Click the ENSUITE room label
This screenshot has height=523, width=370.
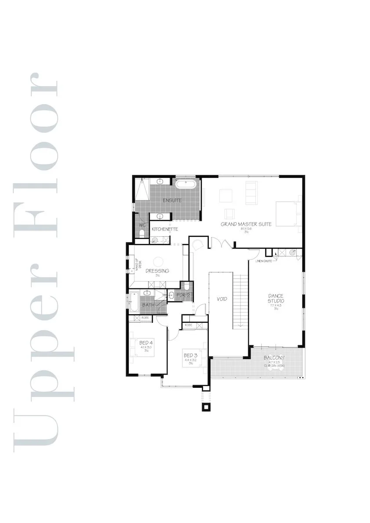click(172, 201)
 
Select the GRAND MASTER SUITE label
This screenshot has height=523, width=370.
click(246, 224)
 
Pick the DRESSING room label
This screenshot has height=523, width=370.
click(157, 271)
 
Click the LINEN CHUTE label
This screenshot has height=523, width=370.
click(264, 261)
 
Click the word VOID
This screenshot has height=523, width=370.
click(222, 299)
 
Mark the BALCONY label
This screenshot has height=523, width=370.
click(275, 358)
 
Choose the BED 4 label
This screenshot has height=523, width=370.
click(145, 343)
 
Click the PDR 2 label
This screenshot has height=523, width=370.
click(182, 295)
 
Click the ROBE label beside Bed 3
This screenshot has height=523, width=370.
click(189, 325)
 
